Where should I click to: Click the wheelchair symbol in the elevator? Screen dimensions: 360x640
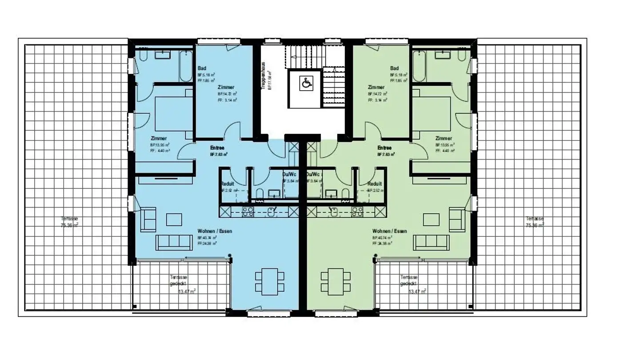[306, 83]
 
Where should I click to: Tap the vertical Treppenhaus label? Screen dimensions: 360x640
[264, 76]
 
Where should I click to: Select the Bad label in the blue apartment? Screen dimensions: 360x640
[202, 68]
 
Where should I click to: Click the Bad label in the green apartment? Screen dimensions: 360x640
[394, 68]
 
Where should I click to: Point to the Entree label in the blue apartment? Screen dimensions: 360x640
[217, 148]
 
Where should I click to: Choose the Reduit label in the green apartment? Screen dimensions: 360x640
[375, 184]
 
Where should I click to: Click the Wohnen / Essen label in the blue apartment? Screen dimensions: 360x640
[215, 231]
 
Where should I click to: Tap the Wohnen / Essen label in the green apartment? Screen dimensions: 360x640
[389, 231]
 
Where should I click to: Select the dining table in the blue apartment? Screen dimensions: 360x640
[270, 281]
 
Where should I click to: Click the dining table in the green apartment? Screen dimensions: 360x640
[336, 281]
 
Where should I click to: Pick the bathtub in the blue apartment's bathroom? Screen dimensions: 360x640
[185, 66]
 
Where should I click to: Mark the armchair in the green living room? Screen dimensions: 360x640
[457, 219]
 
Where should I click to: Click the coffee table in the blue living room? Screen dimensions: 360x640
[174, 220]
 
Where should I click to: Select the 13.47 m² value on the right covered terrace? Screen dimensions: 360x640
[417, 292]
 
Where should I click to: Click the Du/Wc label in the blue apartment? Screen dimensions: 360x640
[289, 174]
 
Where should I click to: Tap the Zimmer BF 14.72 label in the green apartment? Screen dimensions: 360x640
[376, 88]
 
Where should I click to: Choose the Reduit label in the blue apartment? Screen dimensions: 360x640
[227, 184]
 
